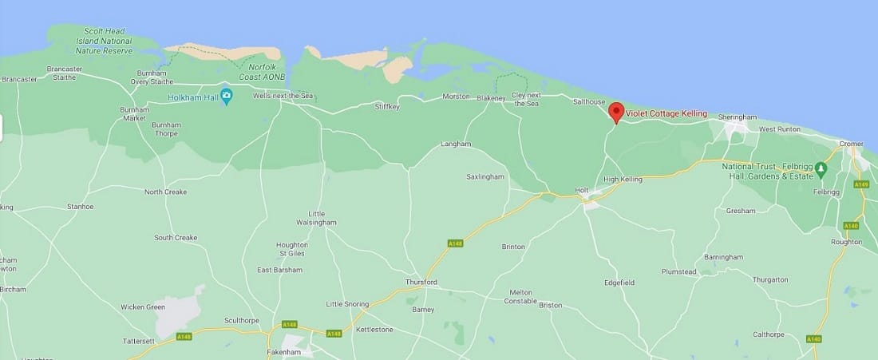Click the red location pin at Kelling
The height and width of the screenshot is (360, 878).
coord(615,112)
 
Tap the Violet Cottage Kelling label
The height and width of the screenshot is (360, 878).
coord(666,113)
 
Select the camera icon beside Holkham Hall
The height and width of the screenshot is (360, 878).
coord(227,97)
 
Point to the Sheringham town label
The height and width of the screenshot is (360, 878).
coord(736,117)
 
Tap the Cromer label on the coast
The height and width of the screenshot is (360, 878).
coord(852,144)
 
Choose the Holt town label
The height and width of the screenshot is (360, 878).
coord(581,190)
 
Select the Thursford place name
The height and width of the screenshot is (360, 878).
coord(421,282)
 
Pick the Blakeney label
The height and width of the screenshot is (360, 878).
coord(491,98)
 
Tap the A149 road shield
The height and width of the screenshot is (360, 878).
coord(860,184)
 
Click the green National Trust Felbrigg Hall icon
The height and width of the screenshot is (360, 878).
coord(832,171)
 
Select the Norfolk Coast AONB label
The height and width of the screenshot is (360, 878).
coord(267,71)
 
